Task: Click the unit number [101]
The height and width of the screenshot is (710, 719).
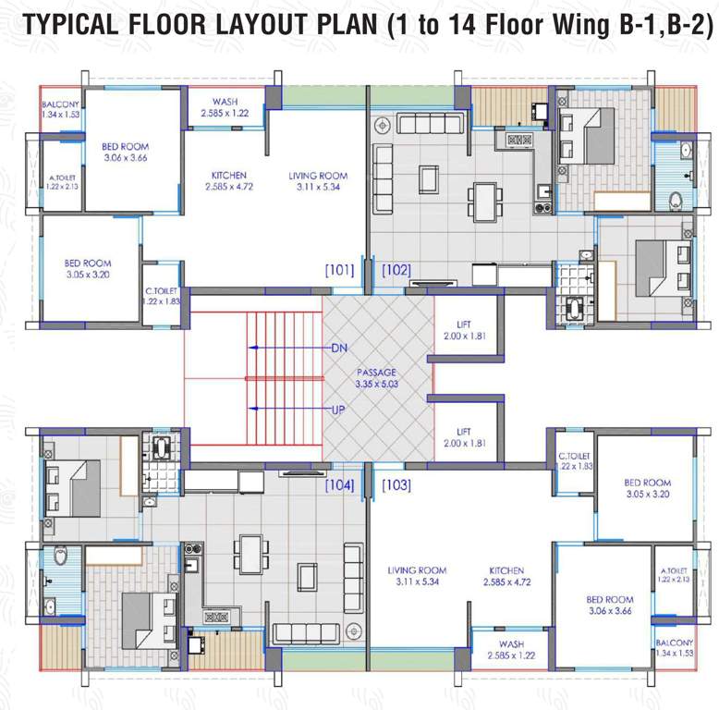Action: pos(339,271)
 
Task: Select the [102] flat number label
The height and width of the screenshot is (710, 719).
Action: pos(396,271)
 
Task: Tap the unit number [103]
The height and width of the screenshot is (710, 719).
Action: pos(396,484)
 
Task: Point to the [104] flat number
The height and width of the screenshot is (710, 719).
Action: pos(339,484)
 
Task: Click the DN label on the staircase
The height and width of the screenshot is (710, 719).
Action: pos(338,349)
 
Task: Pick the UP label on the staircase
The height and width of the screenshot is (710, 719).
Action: pos(338,408)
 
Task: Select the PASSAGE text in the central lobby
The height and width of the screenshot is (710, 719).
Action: pos(376,373)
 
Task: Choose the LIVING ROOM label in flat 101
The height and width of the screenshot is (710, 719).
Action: pos(317,176)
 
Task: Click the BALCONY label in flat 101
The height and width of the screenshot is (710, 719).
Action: pos(60,104)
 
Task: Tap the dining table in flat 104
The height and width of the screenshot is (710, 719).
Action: pos(247,554)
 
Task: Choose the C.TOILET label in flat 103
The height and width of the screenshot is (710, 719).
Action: pos(574,456)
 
